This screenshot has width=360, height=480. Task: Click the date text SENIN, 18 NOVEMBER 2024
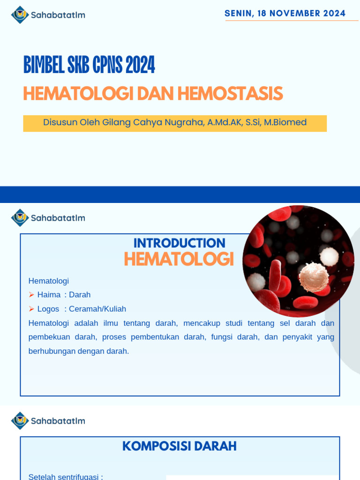coord(285,13)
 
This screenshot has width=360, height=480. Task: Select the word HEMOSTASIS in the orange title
coord(230,94)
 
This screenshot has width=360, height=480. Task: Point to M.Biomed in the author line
coord(285,122)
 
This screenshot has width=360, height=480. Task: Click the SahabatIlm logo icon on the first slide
coord(20,15)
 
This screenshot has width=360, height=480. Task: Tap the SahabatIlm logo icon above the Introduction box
coord(20,218)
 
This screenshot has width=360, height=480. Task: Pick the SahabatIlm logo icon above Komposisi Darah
coord(20,420)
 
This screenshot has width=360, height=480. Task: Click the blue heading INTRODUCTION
coord(179,243)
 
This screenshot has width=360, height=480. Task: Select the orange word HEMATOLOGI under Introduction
coord(179,259)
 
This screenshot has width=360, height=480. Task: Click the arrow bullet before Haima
coord(31,295)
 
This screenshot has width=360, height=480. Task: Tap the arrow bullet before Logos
coord(31,309)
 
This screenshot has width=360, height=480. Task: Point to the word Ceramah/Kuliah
coord(97,309)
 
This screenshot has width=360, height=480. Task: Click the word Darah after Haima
coord(80,295)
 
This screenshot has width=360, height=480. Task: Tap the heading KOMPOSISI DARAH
coord(179,446)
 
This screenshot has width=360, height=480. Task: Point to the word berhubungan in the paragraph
coord(48,351)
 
